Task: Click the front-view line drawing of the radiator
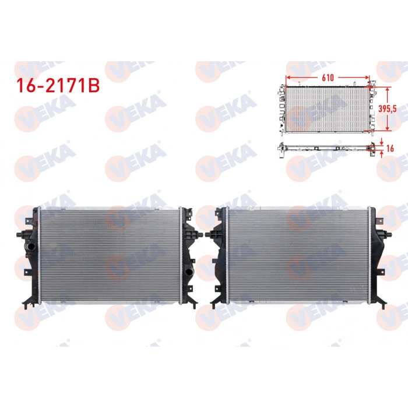tap(326, 108)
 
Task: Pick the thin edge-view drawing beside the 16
tap(326, 149)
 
